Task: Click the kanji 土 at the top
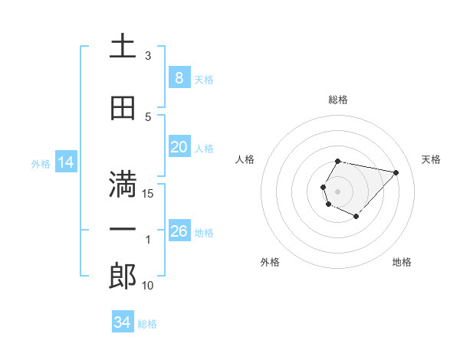pos(123,46)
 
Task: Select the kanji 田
pos(123,108)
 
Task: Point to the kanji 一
pos(123,230)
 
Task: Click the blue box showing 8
pos(179,77)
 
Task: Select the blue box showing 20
pos(179,147)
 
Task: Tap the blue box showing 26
pos(179,231)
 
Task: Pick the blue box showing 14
pos(65,162)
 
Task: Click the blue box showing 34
pos(122,322)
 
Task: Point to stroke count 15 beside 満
pos(148,193)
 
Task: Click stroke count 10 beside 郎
pos(148,286)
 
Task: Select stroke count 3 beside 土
pos(148,56)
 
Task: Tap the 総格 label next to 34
pos(147,324)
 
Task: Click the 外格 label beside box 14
pos(41,163)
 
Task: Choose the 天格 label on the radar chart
pos(431,159)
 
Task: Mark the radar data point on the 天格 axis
pos(396,172)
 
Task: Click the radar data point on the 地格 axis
pos(356,217)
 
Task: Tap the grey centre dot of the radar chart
pos(337,191)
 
